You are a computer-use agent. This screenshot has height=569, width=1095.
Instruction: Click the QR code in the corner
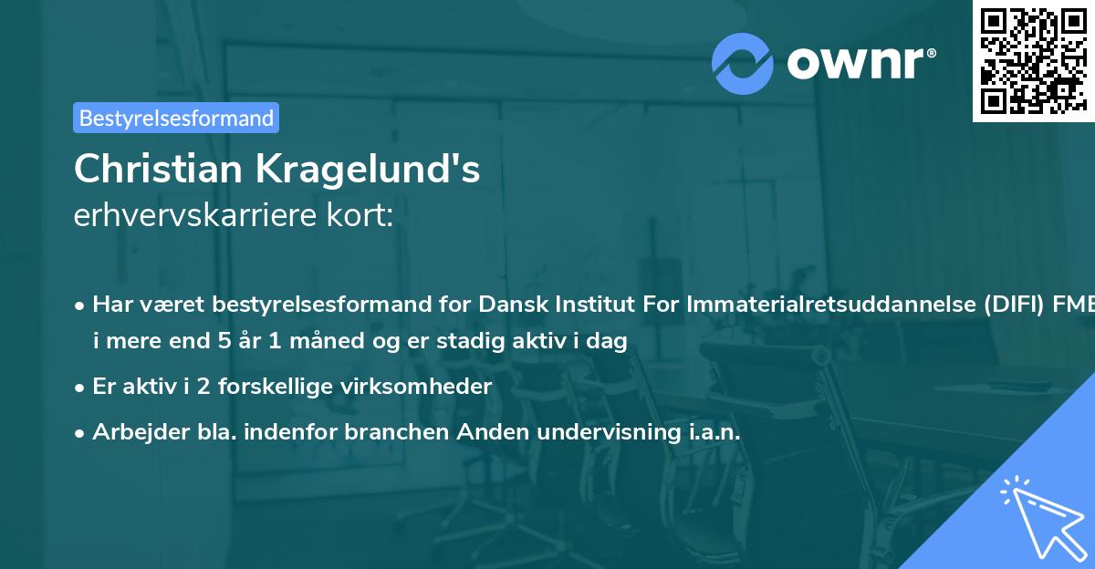point(1033,60)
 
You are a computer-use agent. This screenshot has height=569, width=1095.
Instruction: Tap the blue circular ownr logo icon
point(743,63)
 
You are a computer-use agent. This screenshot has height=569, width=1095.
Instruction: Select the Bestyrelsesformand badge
point(176,118)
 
